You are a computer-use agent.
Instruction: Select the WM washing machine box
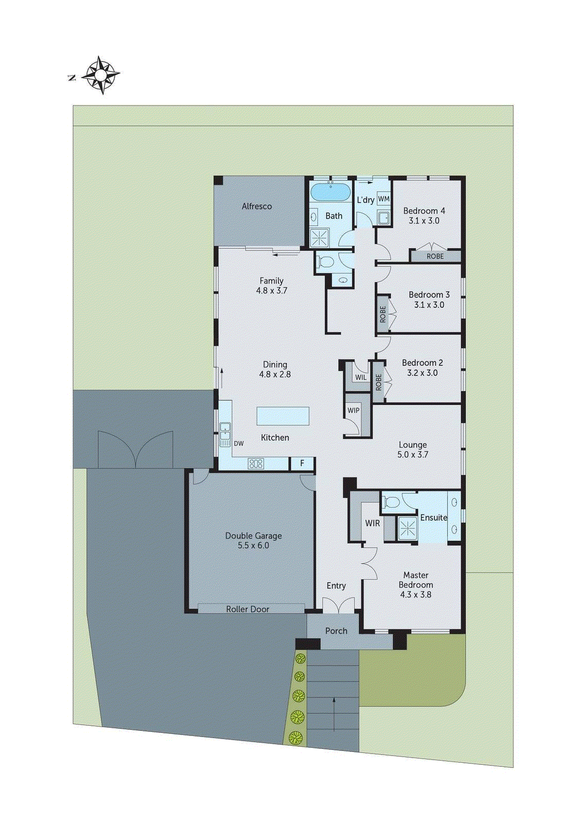383,199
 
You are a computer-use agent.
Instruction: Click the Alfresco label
257,206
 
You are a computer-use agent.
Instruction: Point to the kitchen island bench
283,416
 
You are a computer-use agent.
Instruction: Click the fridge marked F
302,463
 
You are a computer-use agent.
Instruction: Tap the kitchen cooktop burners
256,463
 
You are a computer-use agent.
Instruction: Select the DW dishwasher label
239,443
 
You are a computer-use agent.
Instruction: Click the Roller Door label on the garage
248,609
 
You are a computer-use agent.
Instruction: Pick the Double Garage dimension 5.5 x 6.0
253,545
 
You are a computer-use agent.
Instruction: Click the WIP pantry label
353,410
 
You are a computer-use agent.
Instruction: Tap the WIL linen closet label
361,377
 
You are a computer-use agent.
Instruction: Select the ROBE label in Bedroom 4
435,256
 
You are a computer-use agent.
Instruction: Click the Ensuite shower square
408,528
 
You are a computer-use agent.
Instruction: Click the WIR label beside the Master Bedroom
372,523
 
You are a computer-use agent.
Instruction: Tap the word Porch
336,631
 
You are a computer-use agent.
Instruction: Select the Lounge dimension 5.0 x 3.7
413,455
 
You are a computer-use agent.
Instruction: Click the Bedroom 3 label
429,295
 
